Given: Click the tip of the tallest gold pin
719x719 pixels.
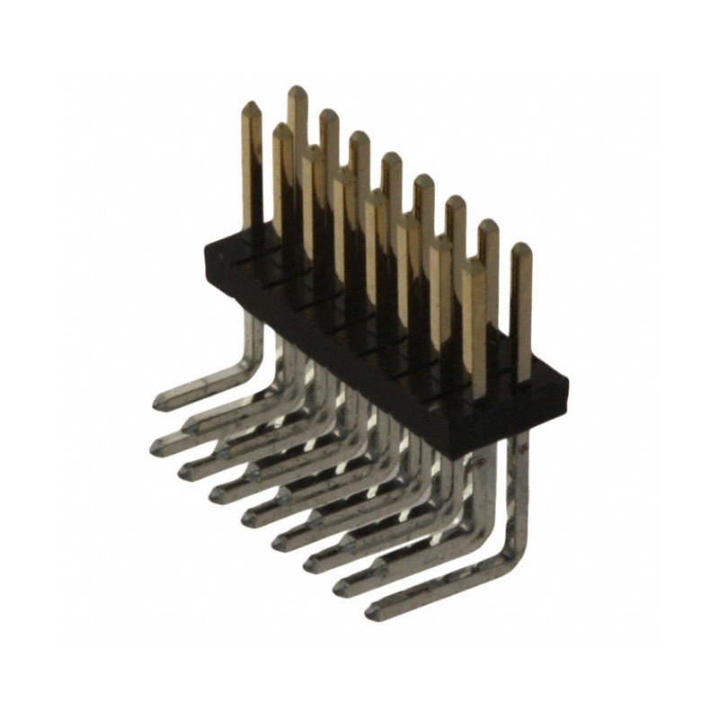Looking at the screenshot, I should tap(296, 89).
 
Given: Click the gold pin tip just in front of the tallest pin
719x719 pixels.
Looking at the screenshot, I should tap(281, 129).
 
